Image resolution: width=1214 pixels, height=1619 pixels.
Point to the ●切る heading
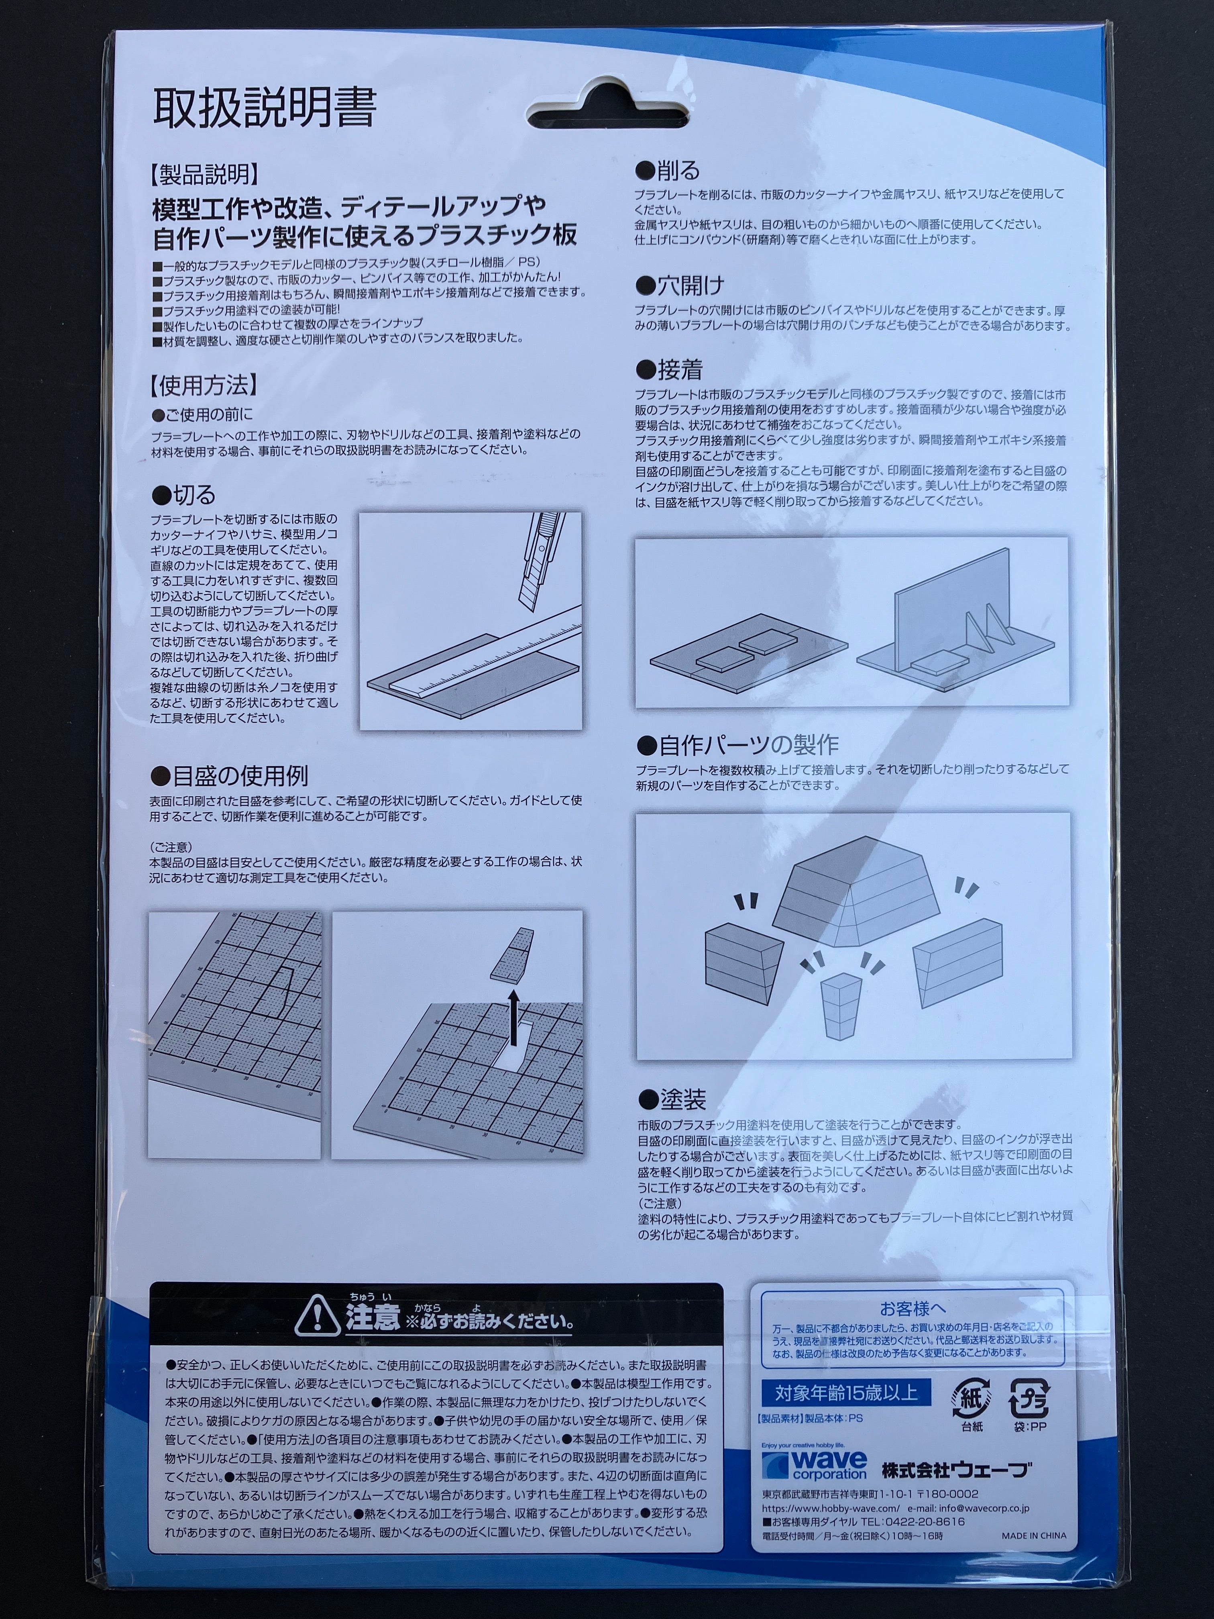(184, 495)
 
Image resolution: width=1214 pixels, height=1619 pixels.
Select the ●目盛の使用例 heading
(229, 775)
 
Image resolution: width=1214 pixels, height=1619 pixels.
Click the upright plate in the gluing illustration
(952, 609)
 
